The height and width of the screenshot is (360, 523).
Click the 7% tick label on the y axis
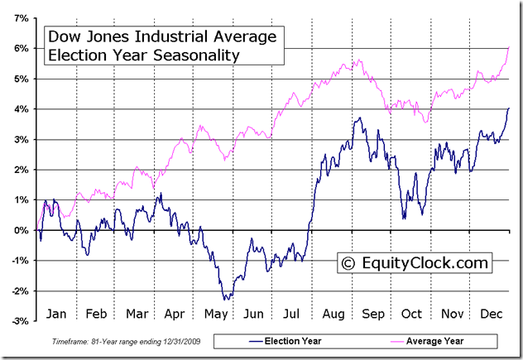[21, 17]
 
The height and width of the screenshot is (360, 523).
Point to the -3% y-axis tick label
[20, 321]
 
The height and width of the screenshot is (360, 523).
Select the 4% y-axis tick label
[21, 108]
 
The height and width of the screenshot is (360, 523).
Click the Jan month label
[56, 314]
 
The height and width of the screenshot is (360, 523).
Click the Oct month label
[410, 314]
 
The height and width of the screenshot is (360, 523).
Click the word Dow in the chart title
[63, 37]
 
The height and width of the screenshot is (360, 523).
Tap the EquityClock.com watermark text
[427, 263]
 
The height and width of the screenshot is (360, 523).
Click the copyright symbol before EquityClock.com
[348, 263]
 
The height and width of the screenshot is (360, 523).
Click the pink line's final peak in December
[508, 48]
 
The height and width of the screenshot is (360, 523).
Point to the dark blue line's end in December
[509, 108]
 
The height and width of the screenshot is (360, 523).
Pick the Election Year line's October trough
[404, 218]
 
